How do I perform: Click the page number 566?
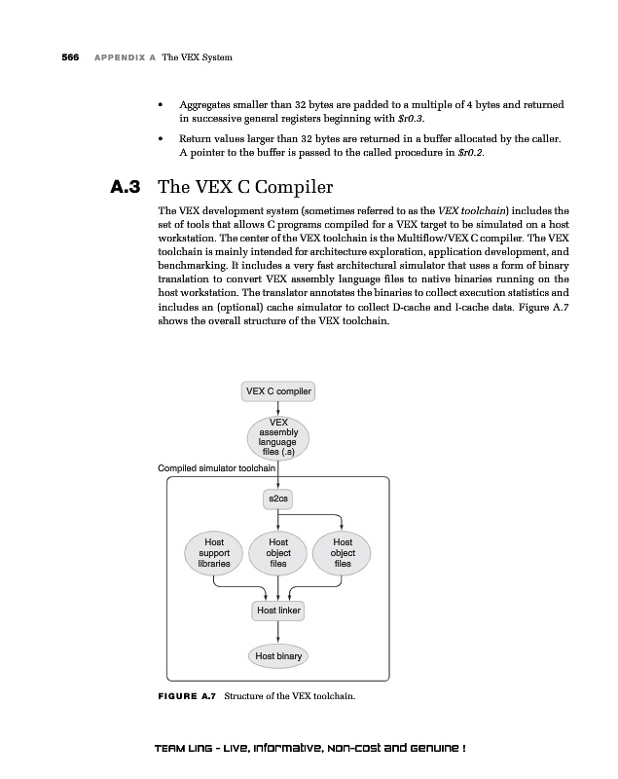(70, 57)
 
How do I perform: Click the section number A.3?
(128, 186)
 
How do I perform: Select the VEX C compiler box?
(278, 391)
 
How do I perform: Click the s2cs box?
(277, 499)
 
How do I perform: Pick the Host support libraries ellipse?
(214, 552)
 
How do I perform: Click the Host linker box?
(278, 611)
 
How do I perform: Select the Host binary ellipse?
(278, 655)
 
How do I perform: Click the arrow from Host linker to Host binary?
(278, 632)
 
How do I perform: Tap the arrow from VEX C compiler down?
(278, 408)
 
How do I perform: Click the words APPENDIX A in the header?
(126, 57)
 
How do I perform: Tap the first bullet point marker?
(161, 104)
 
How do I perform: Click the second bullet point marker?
(161, 140)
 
